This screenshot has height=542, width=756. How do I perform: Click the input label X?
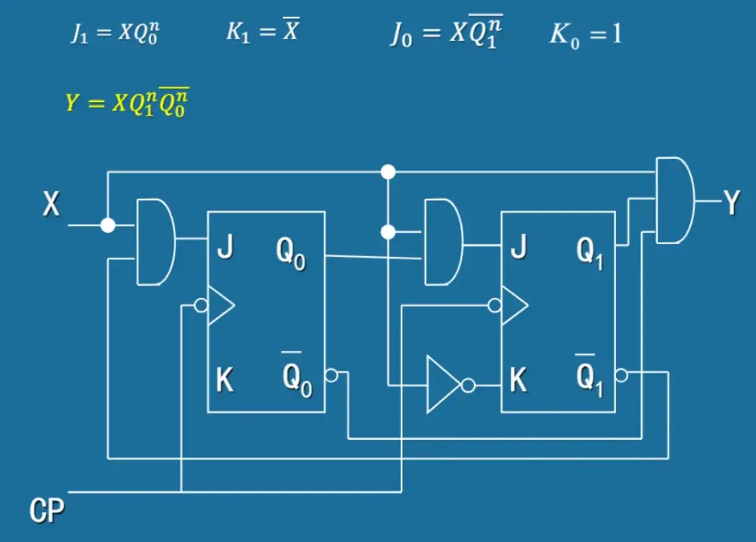tap(51, 204)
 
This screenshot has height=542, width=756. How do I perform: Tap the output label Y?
tap(731, 203)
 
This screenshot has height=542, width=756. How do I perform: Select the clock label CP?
tap(47, 510)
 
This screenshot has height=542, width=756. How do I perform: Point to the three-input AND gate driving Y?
tap(675, 201)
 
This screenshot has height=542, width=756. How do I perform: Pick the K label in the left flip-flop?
tap(225, 380)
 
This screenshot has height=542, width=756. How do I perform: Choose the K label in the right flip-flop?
tap(518, 380)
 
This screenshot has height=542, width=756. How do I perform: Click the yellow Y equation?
tap(125, 102)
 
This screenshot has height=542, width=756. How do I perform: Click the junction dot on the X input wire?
tap(108, 225)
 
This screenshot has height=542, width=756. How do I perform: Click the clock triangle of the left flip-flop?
tap(220, 305)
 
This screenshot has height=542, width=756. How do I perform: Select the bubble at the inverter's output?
tap(468, 386)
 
